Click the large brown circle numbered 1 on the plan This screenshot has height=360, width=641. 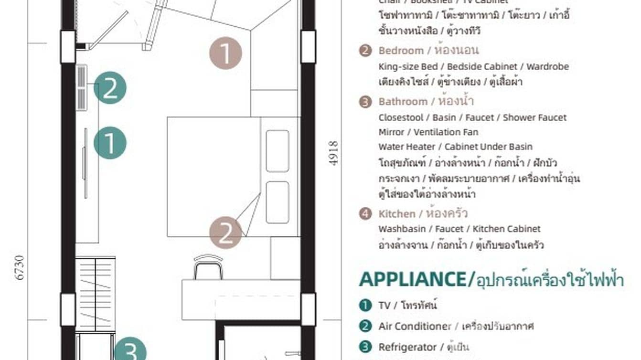pos(225,53)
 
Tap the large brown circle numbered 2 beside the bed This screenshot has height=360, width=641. pos(225,233)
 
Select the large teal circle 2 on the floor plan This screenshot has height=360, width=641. pos(110,88)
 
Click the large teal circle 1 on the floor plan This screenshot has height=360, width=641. pos(110,143)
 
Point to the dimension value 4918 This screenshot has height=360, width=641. pos(333,153)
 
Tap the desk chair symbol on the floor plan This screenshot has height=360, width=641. pos(208,267)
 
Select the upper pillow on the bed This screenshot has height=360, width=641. pos(277,151)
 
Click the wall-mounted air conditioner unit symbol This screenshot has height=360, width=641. pos(82,86)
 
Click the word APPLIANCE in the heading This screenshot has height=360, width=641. pos(412,279)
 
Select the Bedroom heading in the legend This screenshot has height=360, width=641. pos(401,51)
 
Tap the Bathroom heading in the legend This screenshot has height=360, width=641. pos(403,102)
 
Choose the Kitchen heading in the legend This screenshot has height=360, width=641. pos(396,213)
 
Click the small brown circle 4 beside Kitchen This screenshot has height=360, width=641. pos(365,213)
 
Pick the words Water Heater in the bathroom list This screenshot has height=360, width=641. pos(407,147)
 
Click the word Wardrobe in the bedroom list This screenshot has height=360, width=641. pos(547,66)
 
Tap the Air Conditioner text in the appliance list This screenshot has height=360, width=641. pos(414,326)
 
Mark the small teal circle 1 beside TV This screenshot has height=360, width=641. pos(365,305)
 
